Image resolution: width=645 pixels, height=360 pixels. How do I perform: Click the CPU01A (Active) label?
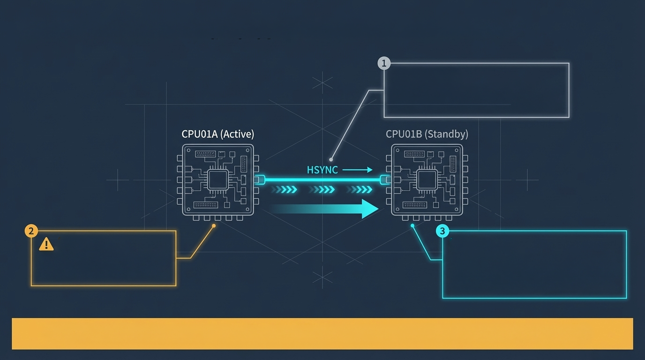[217, 134]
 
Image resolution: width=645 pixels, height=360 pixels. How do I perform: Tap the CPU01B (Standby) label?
[427, 134]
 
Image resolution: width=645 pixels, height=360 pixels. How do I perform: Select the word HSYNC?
[322, 170]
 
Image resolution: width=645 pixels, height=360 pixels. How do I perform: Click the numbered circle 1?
[384, 63]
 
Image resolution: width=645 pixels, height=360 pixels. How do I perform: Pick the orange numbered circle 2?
[31, 231]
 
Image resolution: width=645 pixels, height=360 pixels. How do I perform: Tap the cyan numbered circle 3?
[442, 231]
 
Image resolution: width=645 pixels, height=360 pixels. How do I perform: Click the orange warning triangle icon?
[46, 244]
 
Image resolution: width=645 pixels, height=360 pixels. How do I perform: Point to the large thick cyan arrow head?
[370, 209]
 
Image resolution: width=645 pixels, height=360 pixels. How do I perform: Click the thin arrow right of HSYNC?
[357, 170]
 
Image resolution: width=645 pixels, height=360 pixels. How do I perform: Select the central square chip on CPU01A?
[217, 180]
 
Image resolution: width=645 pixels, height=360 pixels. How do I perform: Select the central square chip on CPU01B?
[427, 180]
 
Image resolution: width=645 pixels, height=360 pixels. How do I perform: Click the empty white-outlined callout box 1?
[476, 90]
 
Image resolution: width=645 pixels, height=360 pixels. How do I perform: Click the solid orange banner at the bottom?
[322, 333]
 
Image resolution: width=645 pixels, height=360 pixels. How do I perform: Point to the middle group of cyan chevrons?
[322, 189]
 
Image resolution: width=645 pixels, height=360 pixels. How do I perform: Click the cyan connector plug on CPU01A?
[259, 180]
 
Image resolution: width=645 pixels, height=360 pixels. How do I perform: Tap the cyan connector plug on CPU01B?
[385, 180]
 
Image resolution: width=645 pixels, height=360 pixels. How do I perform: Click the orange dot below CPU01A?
[214, 225]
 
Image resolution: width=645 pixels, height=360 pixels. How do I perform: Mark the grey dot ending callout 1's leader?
[331, 159]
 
